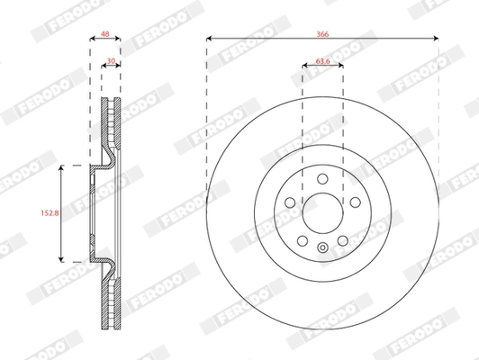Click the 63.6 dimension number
[x=322, y=62]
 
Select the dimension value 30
[x=111, y=62]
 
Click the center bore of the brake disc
[x=322, y=213]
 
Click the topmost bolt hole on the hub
[x=322, y=178]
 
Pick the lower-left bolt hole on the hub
[x=302, y=241]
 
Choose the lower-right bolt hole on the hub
[x=343, y=241]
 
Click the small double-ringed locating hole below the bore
[x=322, y=248]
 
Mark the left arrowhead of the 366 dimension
[x=209, y=39]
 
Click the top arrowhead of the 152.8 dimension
[x=60, y=168]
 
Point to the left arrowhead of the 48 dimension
[x=93, y=39]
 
